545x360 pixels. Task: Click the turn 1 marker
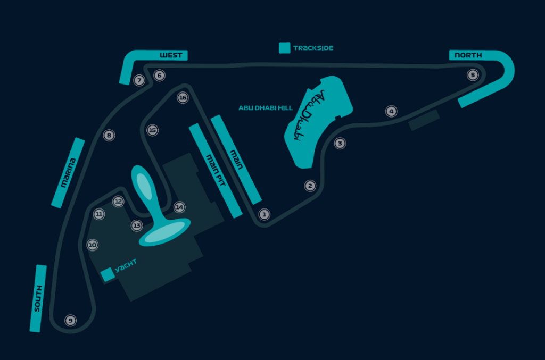click(263, 214)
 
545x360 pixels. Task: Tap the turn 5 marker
click(473, 75)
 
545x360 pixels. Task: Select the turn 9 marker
click(70, 321)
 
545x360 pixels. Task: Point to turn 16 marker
click(183, 98)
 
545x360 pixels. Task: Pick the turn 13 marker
click(137, 226)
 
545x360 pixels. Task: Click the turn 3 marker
click(340, 143)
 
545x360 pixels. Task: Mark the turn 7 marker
click(139, 81)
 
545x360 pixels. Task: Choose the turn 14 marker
click(179, 207)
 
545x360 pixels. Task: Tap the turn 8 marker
click(109, 136)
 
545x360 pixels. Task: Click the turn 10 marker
click(93, 245)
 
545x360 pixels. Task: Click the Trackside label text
click(313, 48)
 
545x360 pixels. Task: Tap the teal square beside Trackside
click(285, 48)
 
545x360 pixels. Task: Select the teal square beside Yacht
click(108, 274)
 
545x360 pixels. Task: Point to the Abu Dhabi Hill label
click(266, 107)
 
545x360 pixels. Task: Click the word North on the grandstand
click(468, 55)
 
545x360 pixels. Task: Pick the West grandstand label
click(171, 55)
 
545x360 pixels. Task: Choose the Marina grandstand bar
click(68, 173)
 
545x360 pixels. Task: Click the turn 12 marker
click(118, 202)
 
